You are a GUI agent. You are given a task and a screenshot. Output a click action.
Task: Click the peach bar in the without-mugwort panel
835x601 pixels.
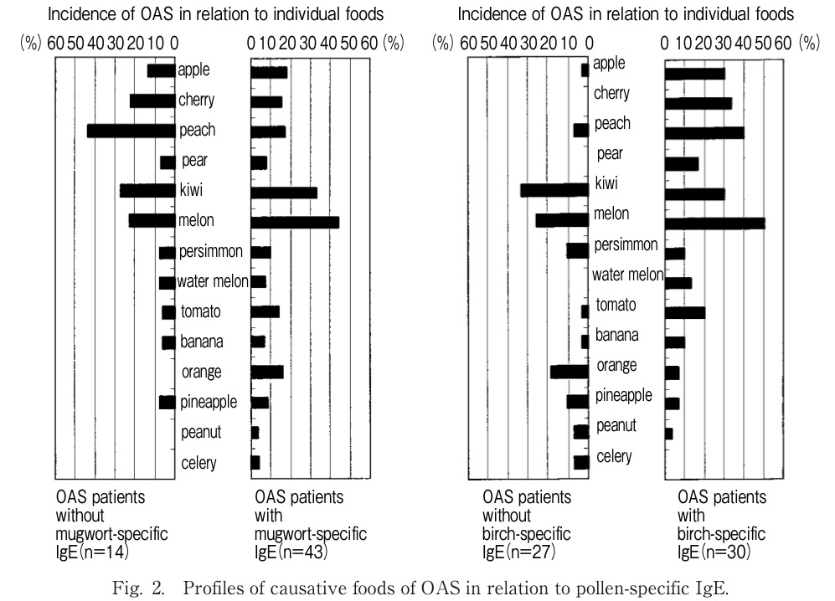pos(131,131)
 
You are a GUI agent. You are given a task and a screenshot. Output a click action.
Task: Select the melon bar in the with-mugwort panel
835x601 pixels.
pos(295,222)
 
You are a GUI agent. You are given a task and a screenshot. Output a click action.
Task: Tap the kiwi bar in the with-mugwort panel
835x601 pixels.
pos(284,193)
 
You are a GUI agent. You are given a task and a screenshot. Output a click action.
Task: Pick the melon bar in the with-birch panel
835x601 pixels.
pos(714,223)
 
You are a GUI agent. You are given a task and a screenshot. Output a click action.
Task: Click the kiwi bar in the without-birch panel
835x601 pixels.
pos(554,190)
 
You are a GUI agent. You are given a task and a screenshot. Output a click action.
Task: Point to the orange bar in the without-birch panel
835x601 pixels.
pos(570,371)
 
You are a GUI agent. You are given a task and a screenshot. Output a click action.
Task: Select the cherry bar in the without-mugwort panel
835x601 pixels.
pos(152,101)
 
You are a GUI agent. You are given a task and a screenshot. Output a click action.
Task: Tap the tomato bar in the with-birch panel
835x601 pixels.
pos(685,313)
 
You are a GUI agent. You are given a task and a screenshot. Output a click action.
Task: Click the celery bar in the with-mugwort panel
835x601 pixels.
pos(255,462)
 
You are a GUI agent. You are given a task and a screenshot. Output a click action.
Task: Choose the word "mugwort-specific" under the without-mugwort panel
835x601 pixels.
pos(112,534)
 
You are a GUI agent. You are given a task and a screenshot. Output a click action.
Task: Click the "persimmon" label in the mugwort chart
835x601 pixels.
pos(211,251)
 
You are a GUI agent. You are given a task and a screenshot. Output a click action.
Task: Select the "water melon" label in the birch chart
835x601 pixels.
pos(627,275)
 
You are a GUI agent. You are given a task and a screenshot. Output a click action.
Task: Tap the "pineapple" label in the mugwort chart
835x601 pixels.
pos(209,402)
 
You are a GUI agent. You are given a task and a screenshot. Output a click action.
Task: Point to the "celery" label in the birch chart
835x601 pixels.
pos(614,456)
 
